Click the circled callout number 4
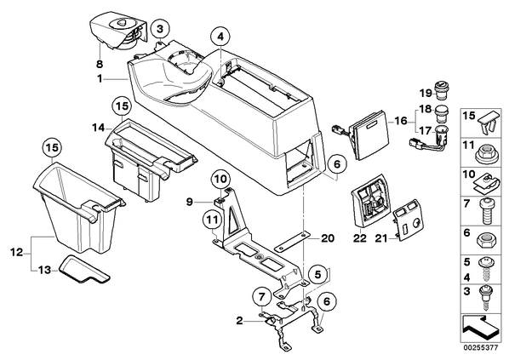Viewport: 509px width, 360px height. click(x=220, y=37)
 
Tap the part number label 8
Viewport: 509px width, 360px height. click(x=100, y=64)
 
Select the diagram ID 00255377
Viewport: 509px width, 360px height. click(x=480, y=348)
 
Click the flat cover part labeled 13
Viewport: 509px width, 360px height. click(x=84, y=269)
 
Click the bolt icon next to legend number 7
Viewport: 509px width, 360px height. click(x=486, y=212)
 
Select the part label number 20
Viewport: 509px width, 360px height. click(x=327, y=238)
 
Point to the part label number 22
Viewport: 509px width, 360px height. click(x=360, y=238)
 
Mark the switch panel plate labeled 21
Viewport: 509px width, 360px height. click(x=408, y=219)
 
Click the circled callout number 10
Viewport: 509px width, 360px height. click(x=221, y=179)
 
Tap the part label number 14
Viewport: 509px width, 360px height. click(x=98, y=129)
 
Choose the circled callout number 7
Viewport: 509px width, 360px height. click(x=262, y=297)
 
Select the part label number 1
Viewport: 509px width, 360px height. click(x=100, y=78)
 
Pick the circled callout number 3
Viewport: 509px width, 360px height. click(x=160, y=29)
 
